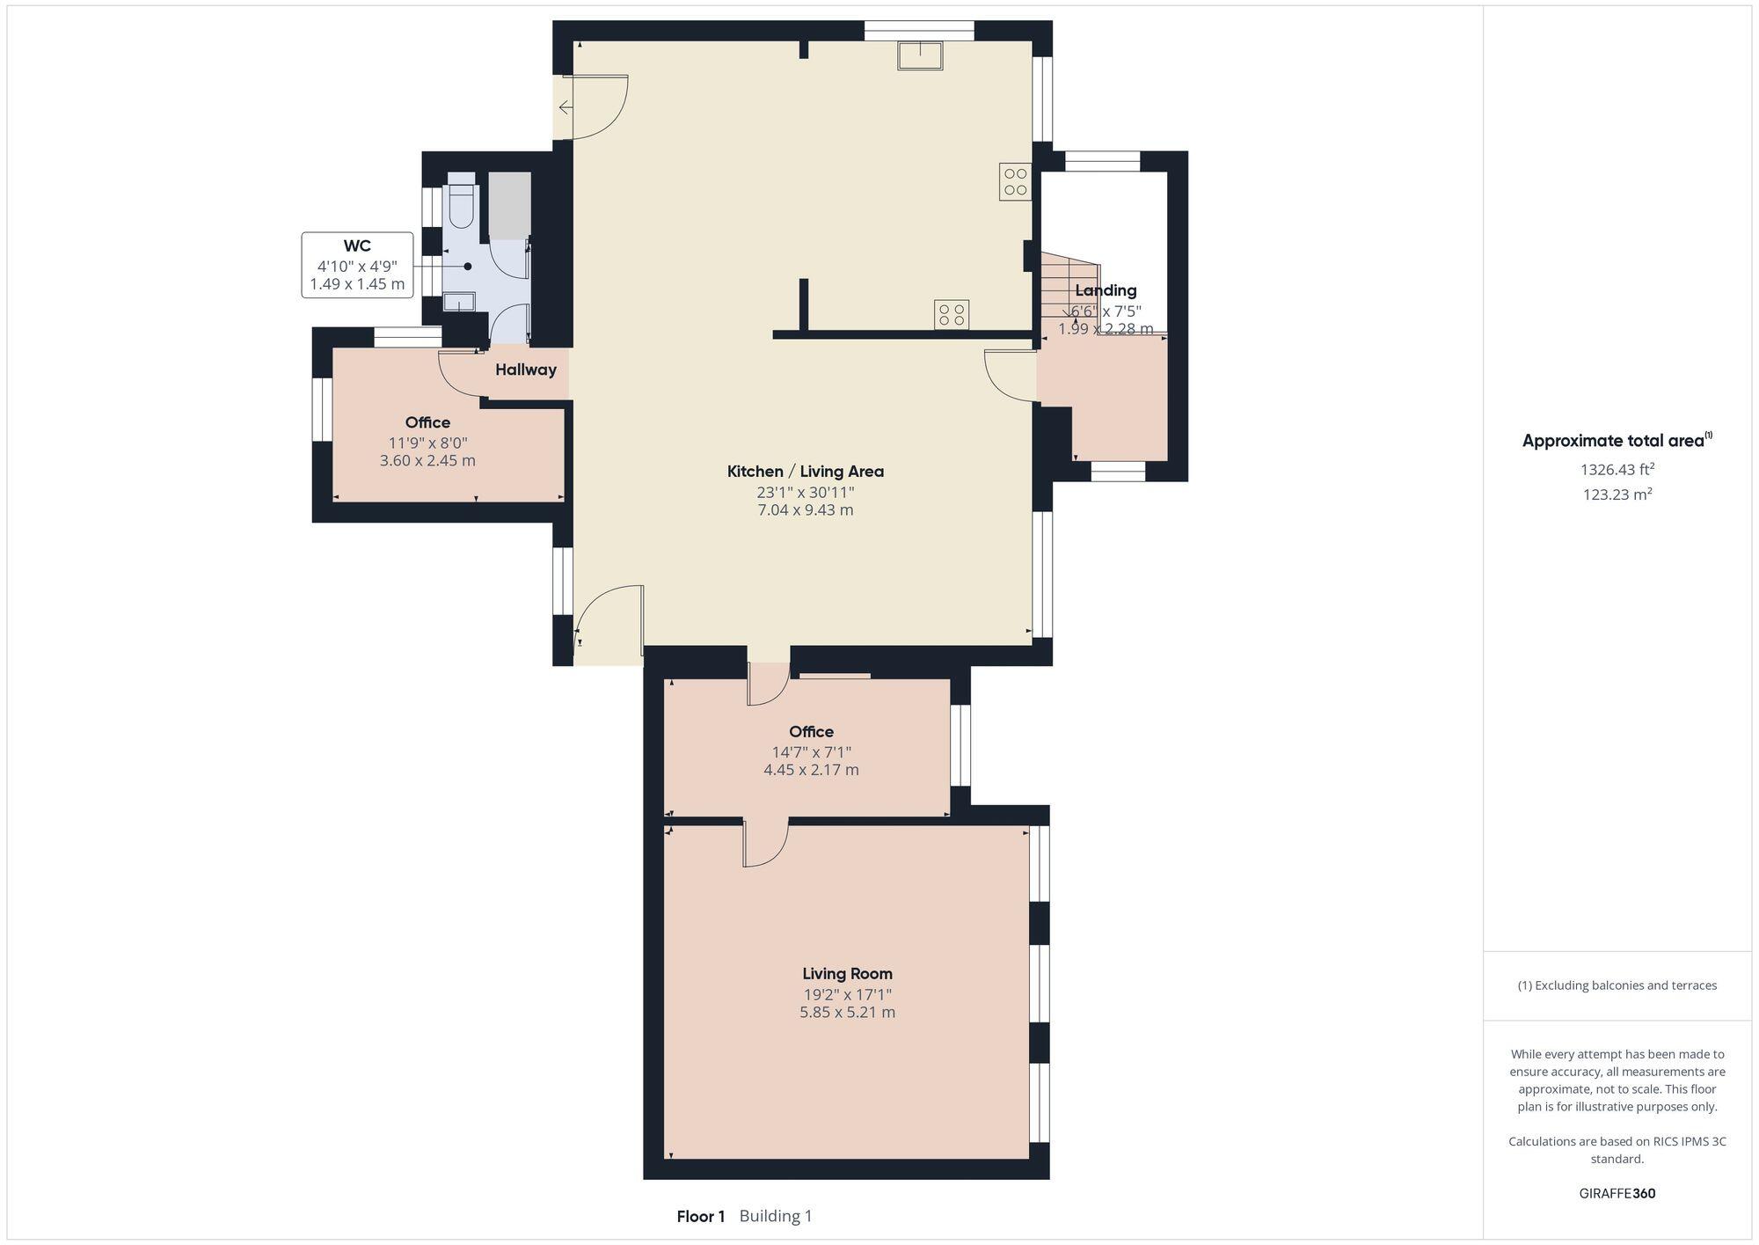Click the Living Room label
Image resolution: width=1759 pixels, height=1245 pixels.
click(847, 973)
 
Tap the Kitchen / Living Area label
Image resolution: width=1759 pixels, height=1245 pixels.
click(805, 471)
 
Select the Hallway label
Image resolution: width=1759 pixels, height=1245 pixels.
click(525, 370)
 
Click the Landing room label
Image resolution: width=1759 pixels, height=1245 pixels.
click(1106, 290)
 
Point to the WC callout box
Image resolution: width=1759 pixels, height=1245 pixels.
click(357, 265)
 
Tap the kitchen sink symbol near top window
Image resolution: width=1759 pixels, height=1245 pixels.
click(920, 55)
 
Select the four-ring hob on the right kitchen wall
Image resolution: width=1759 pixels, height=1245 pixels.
click(1015, 182)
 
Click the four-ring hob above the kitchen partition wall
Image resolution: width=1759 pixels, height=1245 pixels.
click(951, 315)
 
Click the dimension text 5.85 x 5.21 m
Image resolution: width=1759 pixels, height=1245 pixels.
click(847, 1012)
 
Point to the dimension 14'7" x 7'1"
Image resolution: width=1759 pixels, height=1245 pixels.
click(811, 752)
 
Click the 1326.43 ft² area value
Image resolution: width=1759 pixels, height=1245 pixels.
click(1617, 469)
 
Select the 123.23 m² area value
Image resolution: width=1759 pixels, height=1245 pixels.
click(1617, 494)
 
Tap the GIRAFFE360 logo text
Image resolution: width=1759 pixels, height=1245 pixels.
click(1617, 1193)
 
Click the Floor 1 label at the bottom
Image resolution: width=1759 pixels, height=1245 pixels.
click(700, 1216)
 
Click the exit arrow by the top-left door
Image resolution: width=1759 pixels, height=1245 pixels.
click(565, 107)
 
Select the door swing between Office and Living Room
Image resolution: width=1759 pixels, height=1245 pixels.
click(765, 845)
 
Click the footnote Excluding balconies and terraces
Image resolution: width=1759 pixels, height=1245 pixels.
click(1617, 985)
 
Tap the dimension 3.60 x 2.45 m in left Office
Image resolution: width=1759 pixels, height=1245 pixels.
click(427, 460)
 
